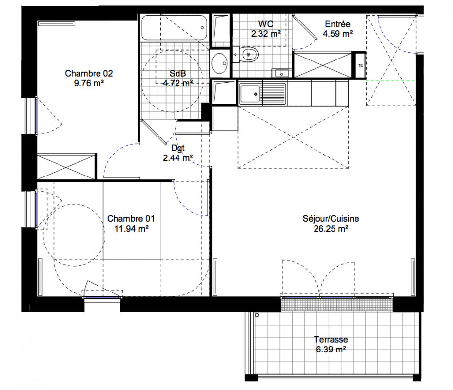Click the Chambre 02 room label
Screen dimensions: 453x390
click(89, 74)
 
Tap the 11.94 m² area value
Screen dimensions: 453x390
click(131, 229)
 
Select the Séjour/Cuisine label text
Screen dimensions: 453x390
click(331, 219)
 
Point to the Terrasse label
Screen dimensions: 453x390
click(331, 339)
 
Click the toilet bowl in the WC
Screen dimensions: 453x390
click(249, 54)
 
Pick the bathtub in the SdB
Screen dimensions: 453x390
click(174, 28)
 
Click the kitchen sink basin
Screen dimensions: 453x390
click(250, 94)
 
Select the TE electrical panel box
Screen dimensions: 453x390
click(360, 66)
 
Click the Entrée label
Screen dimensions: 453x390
click(337, 24)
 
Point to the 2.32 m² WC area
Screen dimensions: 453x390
click(266, 34)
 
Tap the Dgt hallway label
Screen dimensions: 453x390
click(177, 148)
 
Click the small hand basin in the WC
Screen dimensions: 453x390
click(281, 73)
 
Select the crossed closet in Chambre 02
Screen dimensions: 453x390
click(66, 167)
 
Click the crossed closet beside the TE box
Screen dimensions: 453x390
click(322, 65)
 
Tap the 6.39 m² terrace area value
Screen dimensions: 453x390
click(331, 350)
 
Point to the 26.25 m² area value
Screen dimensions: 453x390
click(331, 229)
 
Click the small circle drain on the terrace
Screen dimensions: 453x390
click(257, 315)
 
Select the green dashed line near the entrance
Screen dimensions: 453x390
click(391, 80)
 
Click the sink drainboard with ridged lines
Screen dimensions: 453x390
click(275, 94)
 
